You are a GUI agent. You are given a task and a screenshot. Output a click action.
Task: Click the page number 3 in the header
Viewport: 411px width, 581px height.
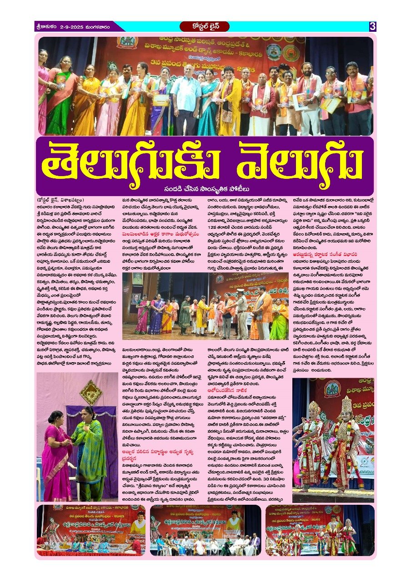coord(372,26)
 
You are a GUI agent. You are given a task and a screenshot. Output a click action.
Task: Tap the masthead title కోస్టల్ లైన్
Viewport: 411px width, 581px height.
coord(205,26)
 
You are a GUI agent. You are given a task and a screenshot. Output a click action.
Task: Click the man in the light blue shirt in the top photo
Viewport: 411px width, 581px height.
coord(186,98)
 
